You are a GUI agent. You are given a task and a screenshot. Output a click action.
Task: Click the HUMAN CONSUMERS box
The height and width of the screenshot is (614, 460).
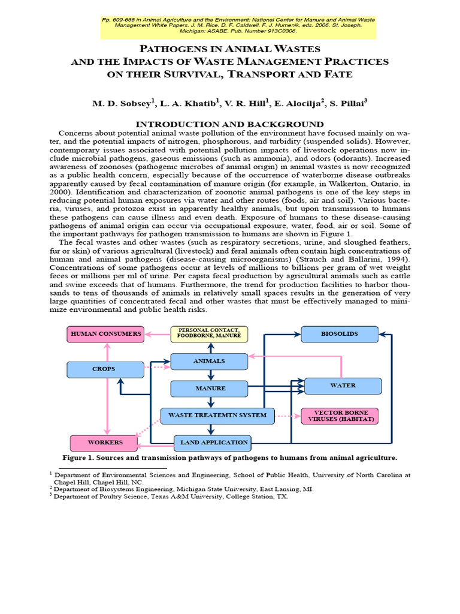(106, 333)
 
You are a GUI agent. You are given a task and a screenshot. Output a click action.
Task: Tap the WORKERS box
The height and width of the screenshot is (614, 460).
(105, 443)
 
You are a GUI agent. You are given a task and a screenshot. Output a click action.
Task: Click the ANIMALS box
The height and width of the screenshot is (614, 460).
(209, 361)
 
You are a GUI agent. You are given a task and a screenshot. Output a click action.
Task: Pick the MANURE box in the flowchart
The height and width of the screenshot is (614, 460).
(209, 389)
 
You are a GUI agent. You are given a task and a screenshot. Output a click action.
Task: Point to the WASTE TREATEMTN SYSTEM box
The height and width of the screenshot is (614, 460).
(217, 415)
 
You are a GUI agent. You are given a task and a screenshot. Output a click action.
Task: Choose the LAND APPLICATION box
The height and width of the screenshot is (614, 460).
(213, 443)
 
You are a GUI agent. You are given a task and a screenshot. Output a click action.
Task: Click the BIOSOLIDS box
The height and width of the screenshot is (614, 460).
(339, 334)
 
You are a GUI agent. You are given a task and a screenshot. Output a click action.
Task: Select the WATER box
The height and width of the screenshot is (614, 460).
(343, 386)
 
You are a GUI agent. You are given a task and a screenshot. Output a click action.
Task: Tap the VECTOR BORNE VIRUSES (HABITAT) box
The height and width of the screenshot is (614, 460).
(339, 416)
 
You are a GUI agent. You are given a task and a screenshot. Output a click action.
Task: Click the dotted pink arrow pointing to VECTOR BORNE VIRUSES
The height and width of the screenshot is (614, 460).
(287, 415)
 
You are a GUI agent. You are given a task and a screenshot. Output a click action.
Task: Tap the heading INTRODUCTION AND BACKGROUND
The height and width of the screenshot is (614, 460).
(230, 124)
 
